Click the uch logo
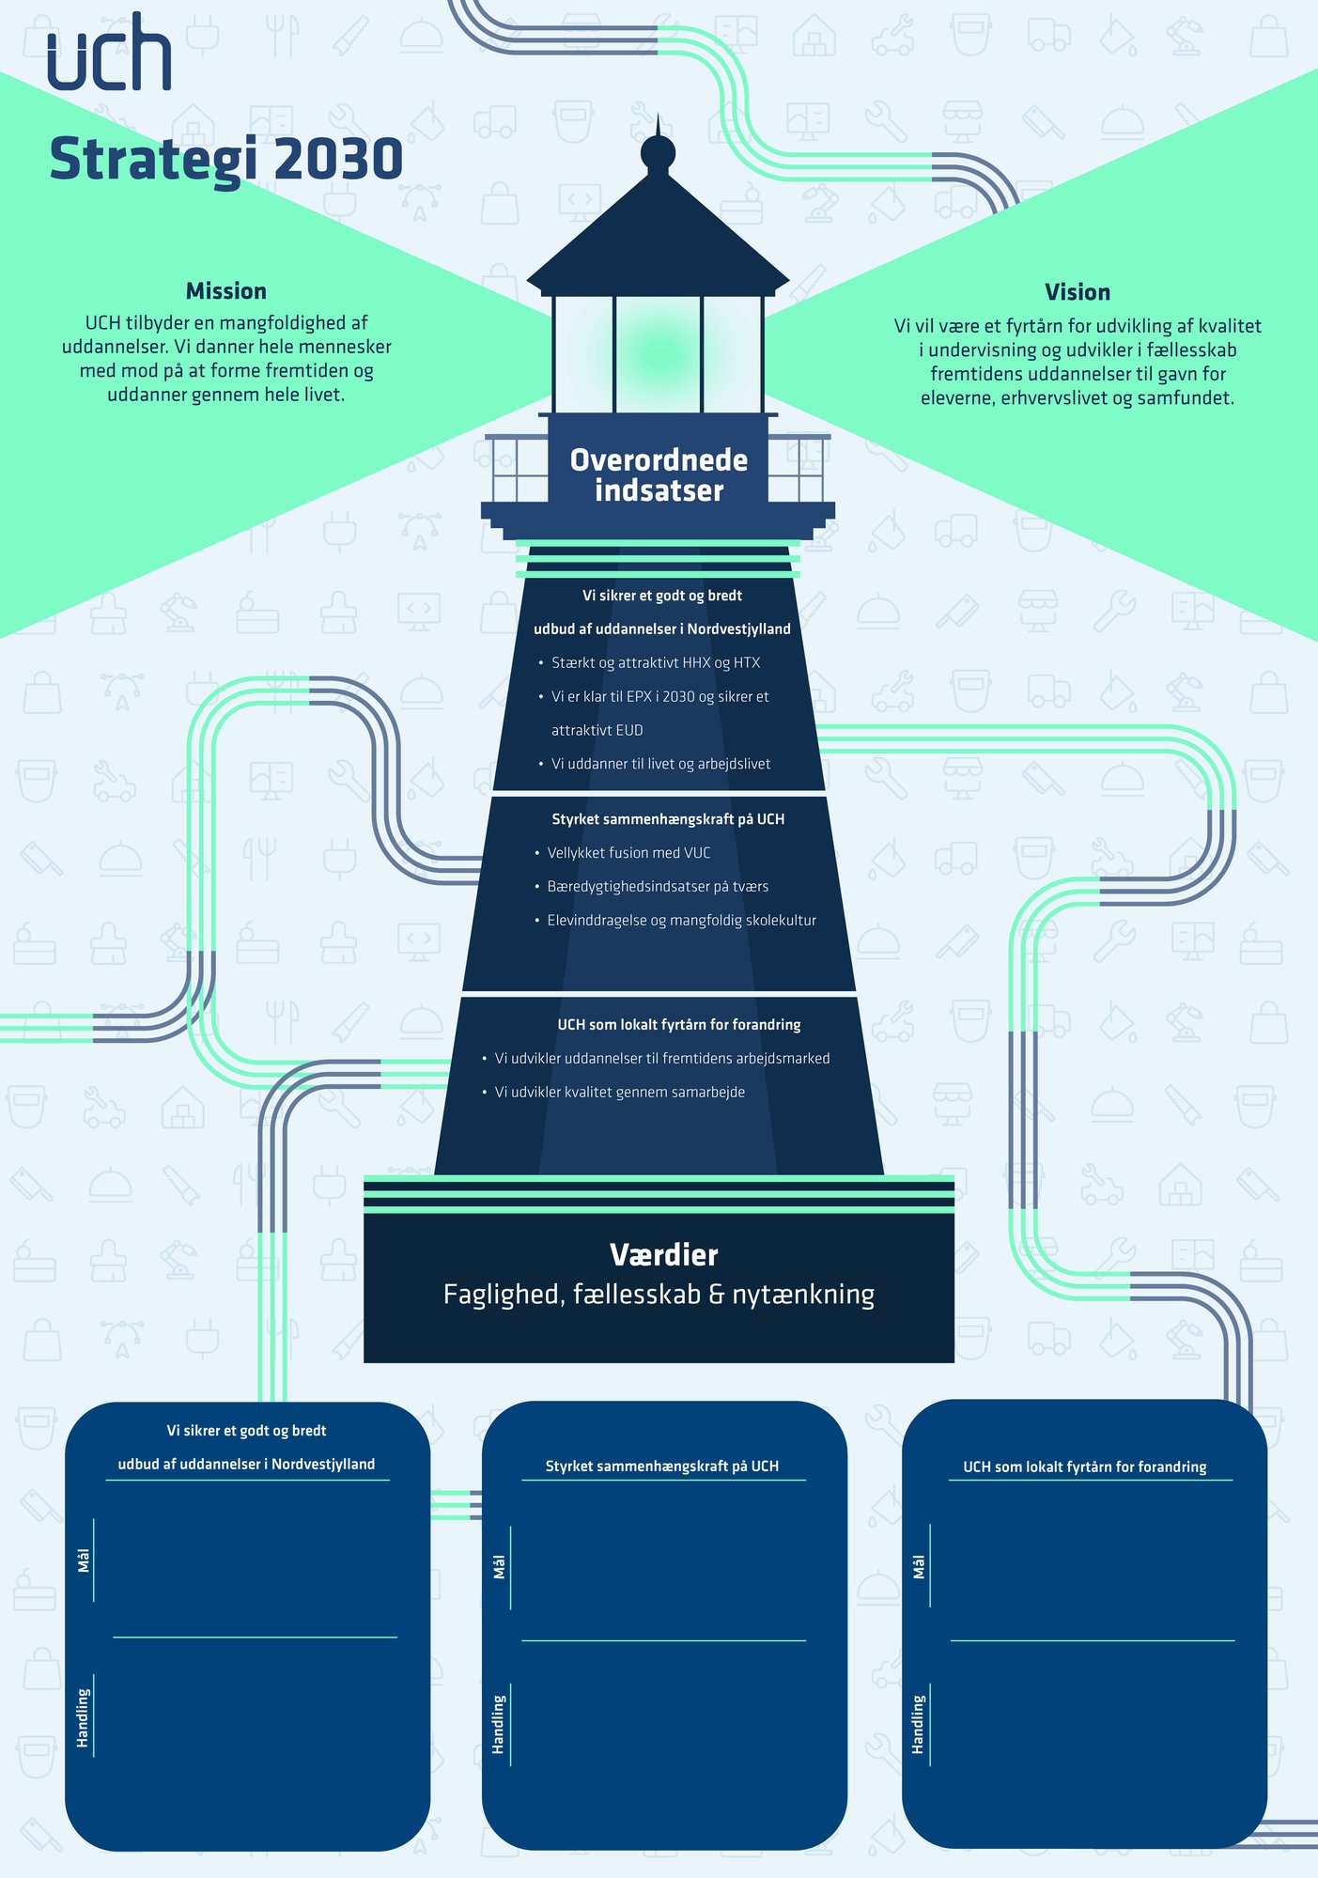[109, 53]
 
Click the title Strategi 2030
[226, 159]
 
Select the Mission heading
[226, 291]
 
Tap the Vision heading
[1078, 292]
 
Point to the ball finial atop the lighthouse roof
[658, 152]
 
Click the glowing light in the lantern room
[659, 355]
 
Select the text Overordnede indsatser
[659, 475]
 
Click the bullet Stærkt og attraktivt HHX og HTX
[655, 663]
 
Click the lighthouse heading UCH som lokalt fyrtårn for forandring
[679, 1025]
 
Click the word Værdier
[664, 1255]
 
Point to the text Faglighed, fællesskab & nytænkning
[659, 1295]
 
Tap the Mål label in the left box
[84, 1560]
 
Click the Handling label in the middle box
[499, 1724]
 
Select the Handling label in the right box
[918, 1724]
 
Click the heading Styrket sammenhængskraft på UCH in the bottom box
[662, 1467]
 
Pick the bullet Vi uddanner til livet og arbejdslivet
[660, 765]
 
